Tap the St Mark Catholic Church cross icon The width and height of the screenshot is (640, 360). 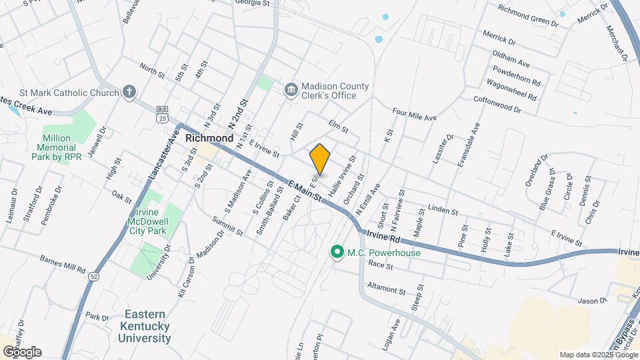point(129,93)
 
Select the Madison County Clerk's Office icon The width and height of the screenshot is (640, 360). point(291,89)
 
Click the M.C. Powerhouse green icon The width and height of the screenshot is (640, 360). point(337,252)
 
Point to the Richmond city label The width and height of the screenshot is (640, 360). point(209,138)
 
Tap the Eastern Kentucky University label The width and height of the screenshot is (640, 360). point(144,326)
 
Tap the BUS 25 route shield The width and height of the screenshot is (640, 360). point(162,115)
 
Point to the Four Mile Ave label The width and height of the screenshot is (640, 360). point(414,115)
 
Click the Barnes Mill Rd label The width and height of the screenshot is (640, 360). point(63,263)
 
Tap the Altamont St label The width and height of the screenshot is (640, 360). point(387,289)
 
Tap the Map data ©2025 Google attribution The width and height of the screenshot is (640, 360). point(597,355)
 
